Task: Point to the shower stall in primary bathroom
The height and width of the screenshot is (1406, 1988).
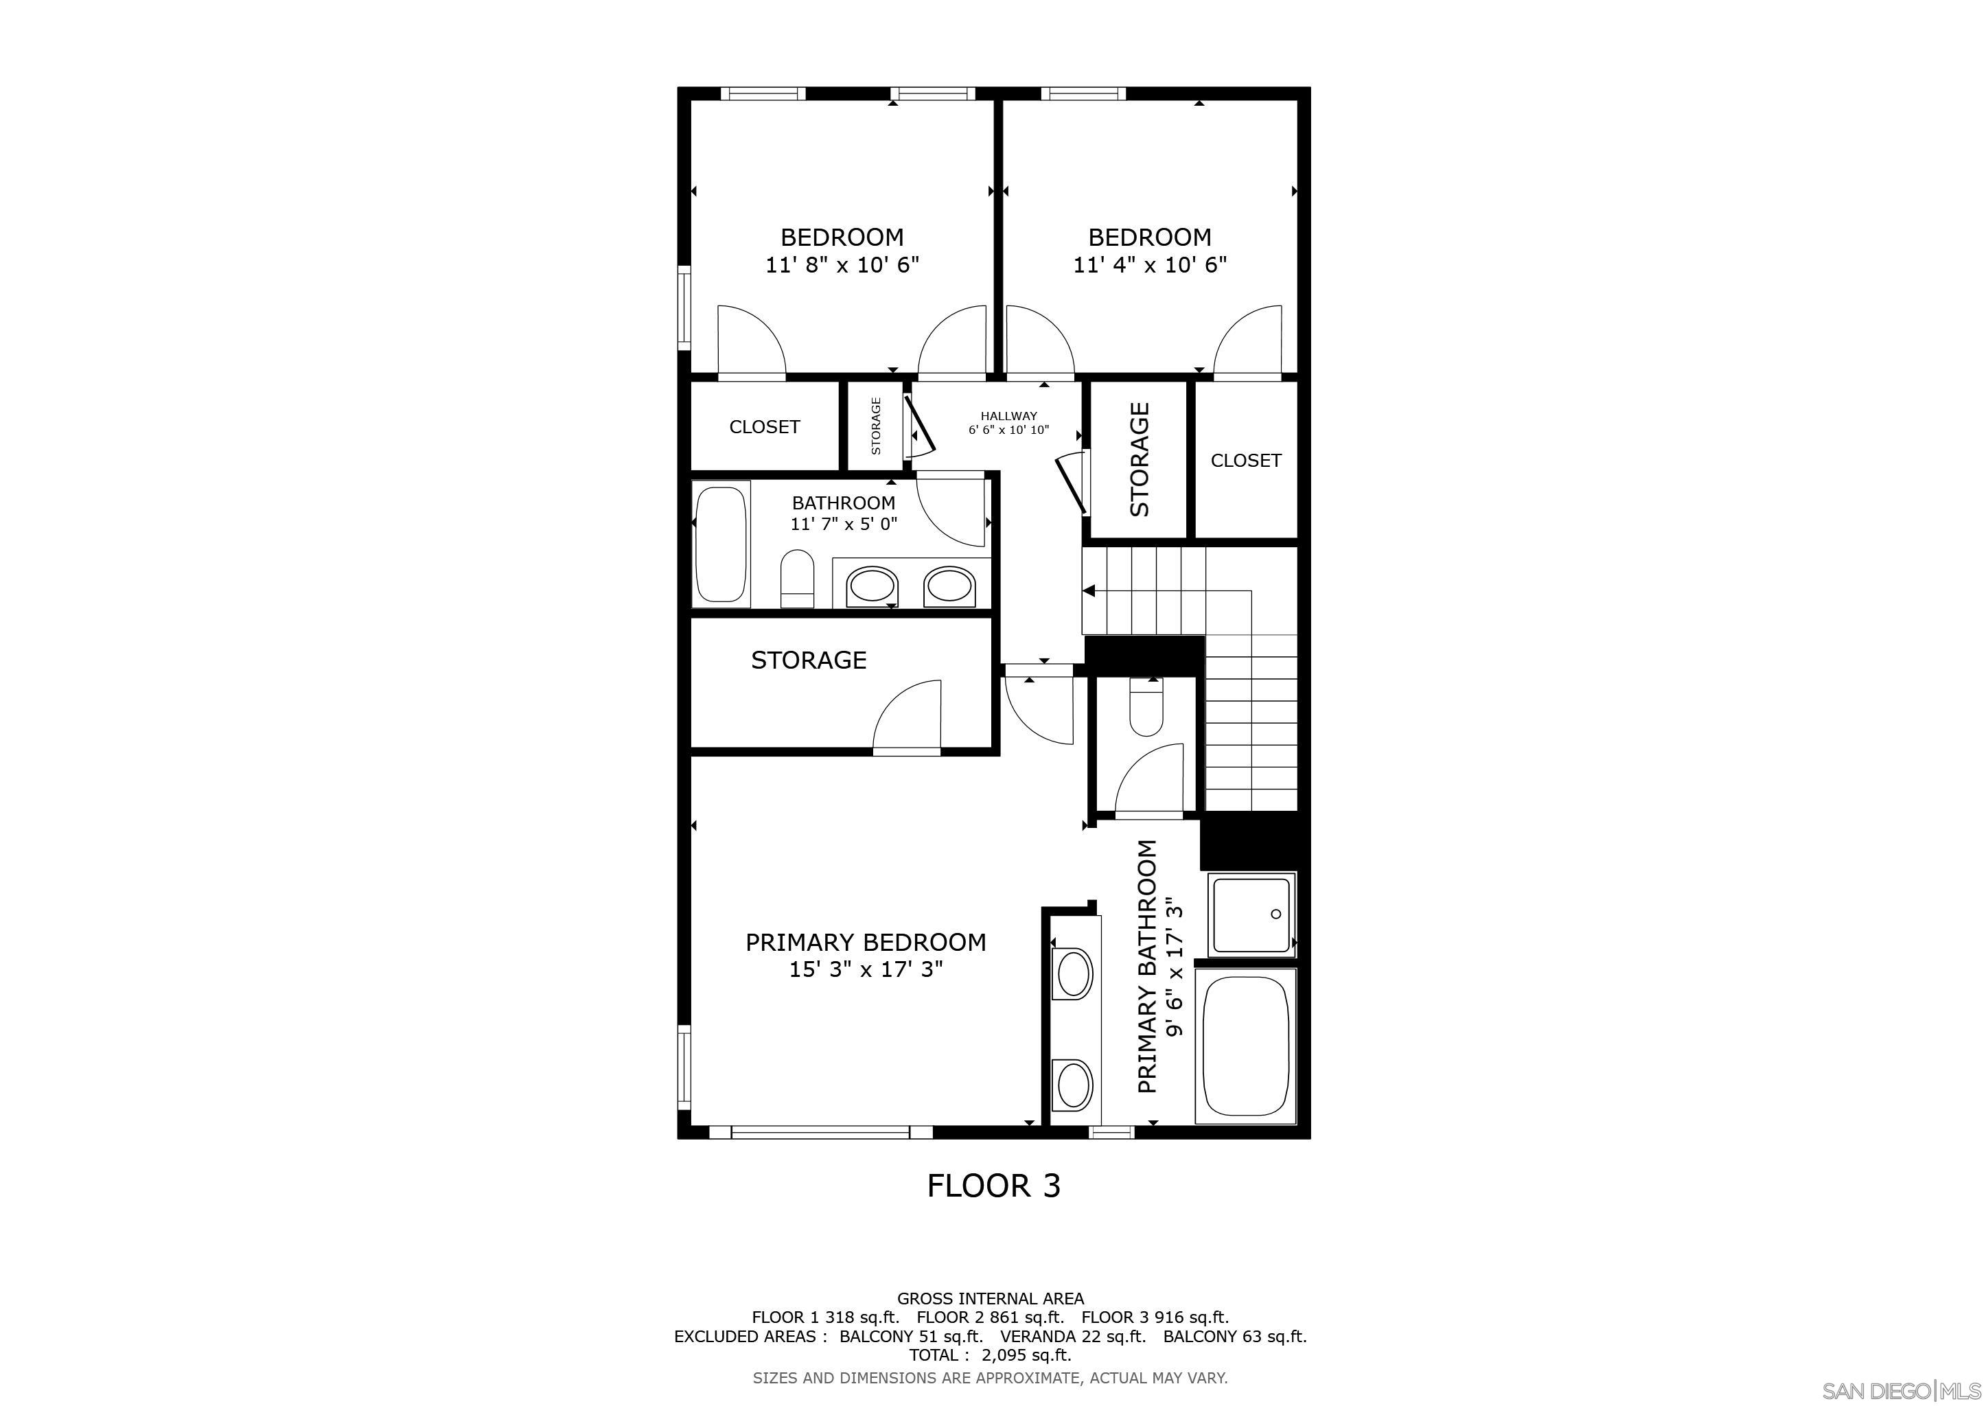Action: [x=1252, y=914]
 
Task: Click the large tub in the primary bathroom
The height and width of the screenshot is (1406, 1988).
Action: [x=1246, y=1047]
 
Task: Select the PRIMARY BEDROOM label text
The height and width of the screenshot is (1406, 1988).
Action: [x=865, y=943]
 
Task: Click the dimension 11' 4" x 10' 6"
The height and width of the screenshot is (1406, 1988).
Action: [x=1150, y=265]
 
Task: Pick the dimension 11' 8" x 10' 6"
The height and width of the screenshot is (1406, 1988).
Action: [x=842, y=265]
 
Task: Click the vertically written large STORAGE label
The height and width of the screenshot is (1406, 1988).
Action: [x=1140, y=460]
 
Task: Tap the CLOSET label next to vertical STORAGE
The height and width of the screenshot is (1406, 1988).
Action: [x=1245, y=461]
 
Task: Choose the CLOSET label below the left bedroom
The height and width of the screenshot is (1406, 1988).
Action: [x=765, y=427]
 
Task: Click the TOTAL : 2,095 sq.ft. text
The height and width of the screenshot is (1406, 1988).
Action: [x=990, y=1356]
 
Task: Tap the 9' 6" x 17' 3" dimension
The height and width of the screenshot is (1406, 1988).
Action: [x=1174, y=967]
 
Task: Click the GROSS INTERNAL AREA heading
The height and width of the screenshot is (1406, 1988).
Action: [x=990, y=1299]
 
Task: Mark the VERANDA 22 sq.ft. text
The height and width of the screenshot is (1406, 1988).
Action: [x=1073, y=1337]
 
